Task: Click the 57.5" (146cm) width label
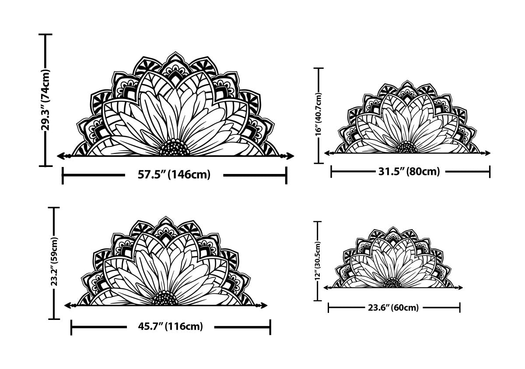click(x=174, y=175)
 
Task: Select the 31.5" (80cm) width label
click(x=409, y=171)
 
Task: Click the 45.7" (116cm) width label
click(x=170, y=326)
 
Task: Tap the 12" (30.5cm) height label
click(x=318, y=261)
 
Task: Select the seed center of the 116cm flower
click(x=165, y=298)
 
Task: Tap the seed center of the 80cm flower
click(x=407, y=148)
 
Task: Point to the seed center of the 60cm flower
click(x=392, y=283)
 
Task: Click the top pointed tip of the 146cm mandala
click(x=176, y=53)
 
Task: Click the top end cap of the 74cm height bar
click(x=45, y=34)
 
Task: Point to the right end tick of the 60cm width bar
click(x=460, y=308)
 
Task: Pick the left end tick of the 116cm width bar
click(x=71, y=326)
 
